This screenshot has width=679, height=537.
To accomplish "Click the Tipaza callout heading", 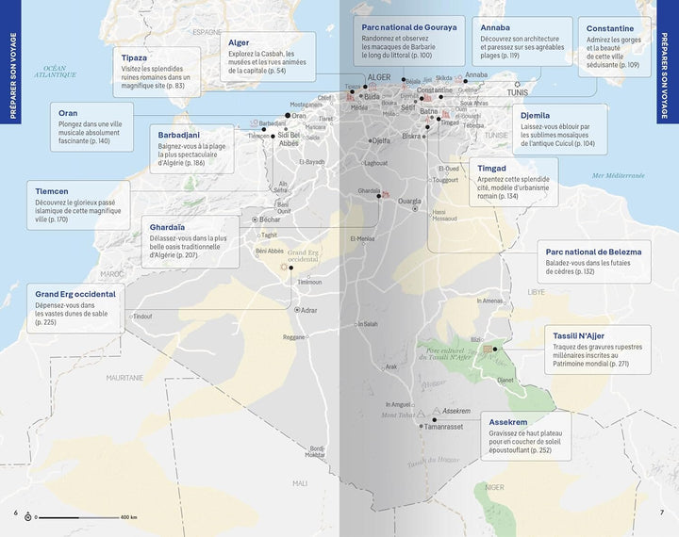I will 135,57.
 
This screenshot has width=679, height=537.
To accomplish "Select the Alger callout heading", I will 239,42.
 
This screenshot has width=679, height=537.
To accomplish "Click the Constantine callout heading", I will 610,28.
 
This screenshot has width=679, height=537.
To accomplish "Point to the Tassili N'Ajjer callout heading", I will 580,335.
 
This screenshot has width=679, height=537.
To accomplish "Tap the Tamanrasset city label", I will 444,427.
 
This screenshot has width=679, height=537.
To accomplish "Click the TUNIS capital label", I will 518,92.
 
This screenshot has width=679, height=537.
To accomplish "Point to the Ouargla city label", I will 410,201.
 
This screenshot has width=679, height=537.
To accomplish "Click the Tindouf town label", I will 142,317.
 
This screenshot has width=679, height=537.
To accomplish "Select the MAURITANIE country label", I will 124,378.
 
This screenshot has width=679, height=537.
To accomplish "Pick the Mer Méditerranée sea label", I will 618,175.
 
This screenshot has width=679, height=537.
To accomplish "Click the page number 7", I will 662,513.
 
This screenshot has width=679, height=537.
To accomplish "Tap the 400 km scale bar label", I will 128,517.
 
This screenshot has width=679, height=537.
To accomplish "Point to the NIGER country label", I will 495,487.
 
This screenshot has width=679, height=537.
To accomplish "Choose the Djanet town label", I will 505,380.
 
